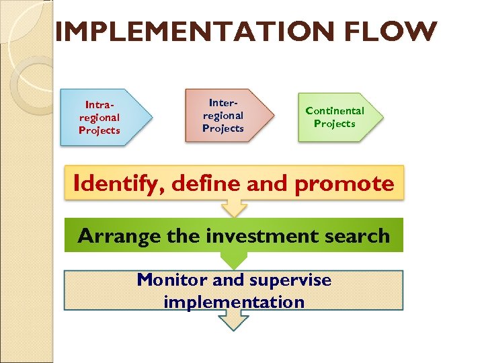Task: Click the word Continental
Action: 335,110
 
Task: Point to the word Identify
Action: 117,183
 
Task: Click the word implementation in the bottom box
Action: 234,302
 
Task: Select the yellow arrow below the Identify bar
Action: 234,209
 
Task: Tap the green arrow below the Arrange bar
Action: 234,260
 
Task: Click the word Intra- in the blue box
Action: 99,105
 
